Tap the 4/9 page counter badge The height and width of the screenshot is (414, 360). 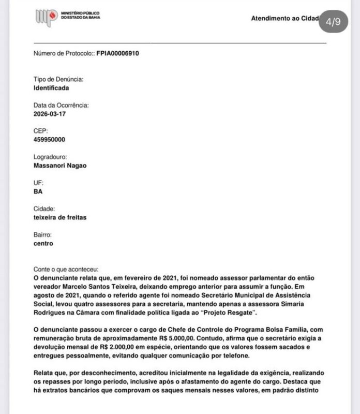(x=334, y=22)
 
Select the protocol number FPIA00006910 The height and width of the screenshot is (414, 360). (x=117, y=53)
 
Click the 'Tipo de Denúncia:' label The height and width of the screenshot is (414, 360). (x=58, y=79)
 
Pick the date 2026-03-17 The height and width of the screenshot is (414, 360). (x=50, y=113)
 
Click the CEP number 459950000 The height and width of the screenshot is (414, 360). (x=49, y=139)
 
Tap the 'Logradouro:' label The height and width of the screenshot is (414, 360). (x=51, y=157)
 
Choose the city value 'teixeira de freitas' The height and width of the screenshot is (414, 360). (x=59, y=217)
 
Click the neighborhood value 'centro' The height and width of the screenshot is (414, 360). (x=43, y=243)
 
